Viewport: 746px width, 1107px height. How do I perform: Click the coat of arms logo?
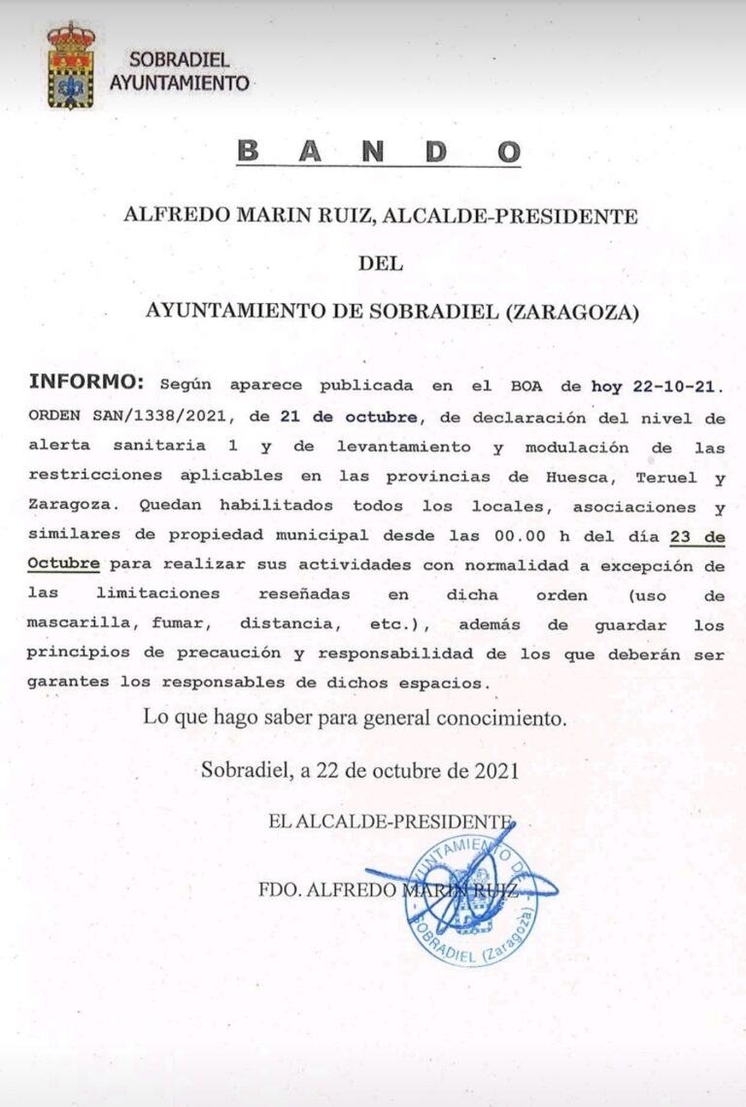click(71, 66)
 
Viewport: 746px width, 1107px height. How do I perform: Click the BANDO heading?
click(379, 152)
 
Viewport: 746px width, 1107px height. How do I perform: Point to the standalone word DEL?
click(380, 262)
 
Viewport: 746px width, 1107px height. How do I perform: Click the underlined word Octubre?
click(64, 564)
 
